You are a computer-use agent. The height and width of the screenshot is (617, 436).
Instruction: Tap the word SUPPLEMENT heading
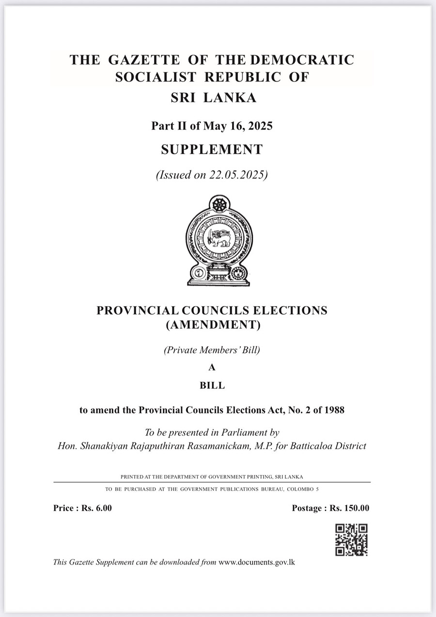pos(212,149)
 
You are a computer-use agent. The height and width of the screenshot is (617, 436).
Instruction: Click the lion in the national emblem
pos(218,237)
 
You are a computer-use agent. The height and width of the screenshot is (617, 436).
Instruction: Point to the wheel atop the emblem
pos(219,204)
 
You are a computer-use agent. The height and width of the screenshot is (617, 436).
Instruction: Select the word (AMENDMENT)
pos(213,325)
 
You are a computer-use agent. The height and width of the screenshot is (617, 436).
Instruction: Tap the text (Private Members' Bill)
pos(212,350)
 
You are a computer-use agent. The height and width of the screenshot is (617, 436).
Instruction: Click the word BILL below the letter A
pos(212,386)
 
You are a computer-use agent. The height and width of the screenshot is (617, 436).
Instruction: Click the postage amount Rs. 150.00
pos(350,508)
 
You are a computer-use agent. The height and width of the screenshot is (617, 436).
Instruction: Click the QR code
pos(351,539)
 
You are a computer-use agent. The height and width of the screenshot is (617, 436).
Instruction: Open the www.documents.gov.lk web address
pos(257,563)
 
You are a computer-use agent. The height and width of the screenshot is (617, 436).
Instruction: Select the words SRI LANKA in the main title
pos(213,98)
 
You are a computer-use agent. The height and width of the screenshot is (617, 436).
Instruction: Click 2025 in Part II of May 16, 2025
pos(260,126)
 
